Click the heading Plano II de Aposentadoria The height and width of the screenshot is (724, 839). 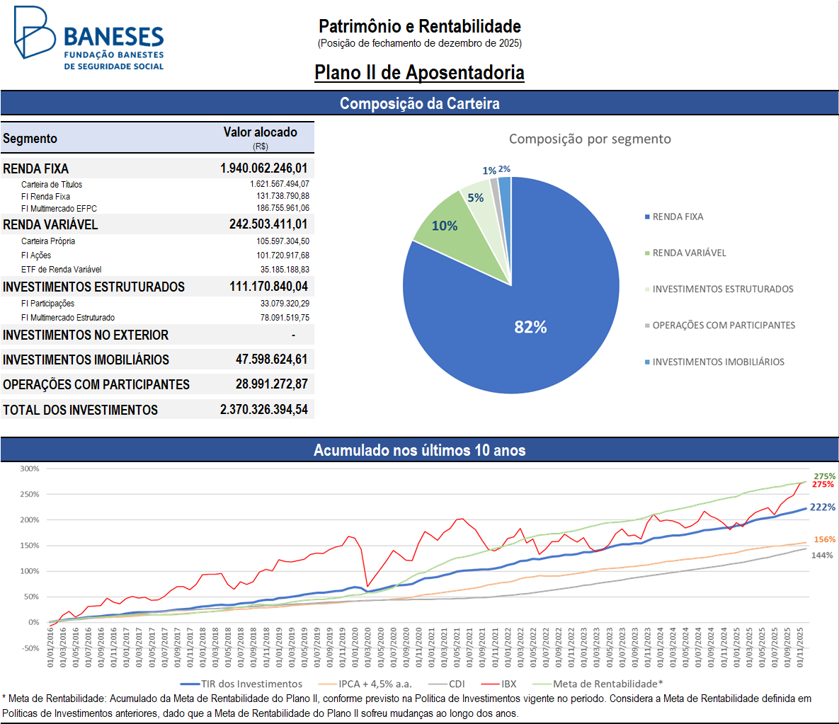pyautogui.click(x=419, y=73)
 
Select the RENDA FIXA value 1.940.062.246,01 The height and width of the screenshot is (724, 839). pyautogui.click(x=263, y=168)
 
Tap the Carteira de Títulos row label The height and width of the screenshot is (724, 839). pyautogui.click(x=52, y=185)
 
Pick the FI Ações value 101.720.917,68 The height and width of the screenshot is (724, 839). pyautogui.click(x=282, y=255)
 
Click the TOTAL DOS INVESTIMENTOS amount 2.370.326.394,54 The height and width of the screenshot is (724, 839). pyautogui.click(x=263, y=410)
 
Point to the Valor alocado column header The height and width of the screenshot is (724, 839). pyautogui.click(x=260, y=132)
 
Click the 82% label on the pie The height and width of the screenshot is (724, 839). pyautogui.click(x=530, y=327)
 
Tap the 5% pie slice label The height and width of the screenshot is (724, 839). pyautogui.click(x=476, y=198)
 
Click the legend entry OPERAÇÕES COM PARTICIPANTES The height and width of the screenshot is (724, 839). pyautogui.click(x=723, y=326)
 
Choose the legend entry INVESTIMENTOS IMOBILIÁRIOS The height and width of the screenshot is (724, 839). pyautogui.click(x=718, y=362)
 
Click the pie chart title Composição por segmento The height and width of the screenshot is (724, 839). pyautogui.click(x=590, y=139)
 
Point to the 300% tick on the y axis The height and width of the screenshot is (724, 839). pyautogui.click(x=30, y=469)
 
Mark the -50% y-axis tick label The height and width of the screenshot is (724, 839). pyautogui.click(x=30, y=648)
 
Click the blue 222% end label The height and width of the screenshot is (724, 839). pyautogui.click(x=823, y=507)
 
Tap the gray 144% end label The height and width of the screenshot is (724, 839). pyautogui.click(x=822, y=556)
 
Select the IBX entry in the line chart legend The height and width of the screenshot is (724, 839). pyautogui.click(x=508, y=684)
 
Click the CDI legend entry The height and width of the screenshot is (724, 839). pyautogui.click(x=456, y=684)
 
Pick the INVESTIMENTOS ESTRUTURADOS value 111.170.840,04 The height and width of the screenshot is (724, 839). pyautogui.click(x=268, y=287)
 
